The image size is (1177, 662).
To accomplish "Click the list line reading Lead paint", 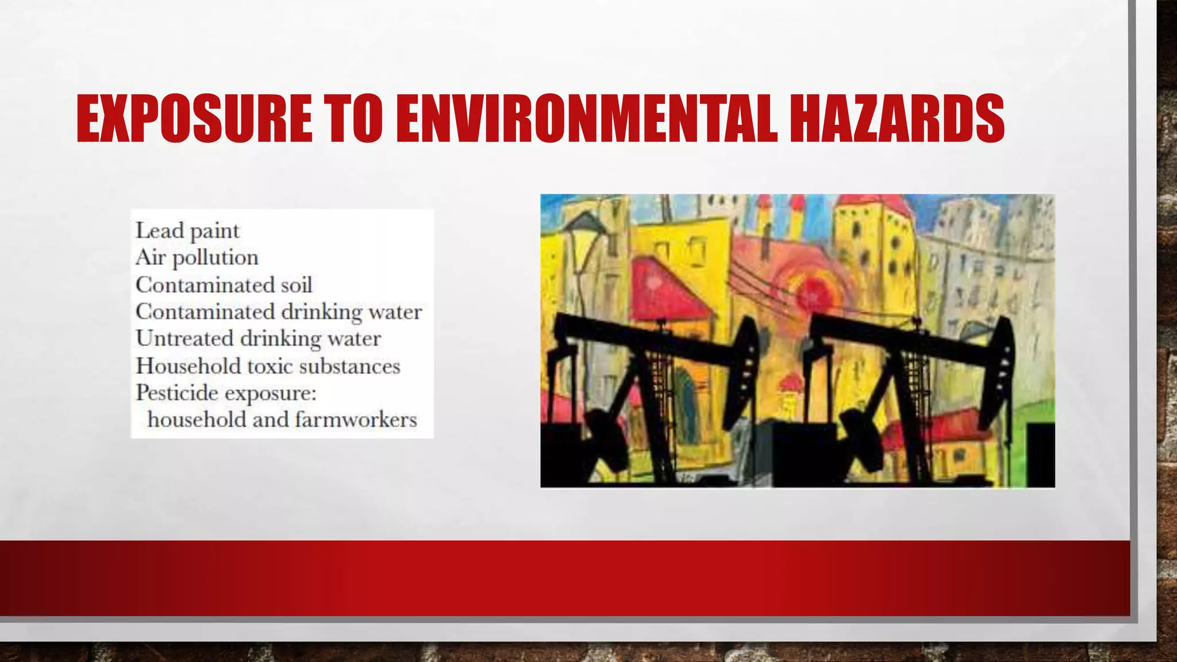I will pos(187,231).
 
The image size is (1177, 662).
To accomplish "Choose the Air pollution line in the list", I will pos(197,258).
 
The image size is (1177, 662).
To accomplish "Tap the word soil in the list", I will pos(297,285).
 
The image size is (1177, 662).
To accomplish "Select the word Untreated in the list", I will pos(184,338).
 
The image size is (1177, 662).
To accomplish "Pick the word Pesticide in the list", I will pos(177,393).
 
